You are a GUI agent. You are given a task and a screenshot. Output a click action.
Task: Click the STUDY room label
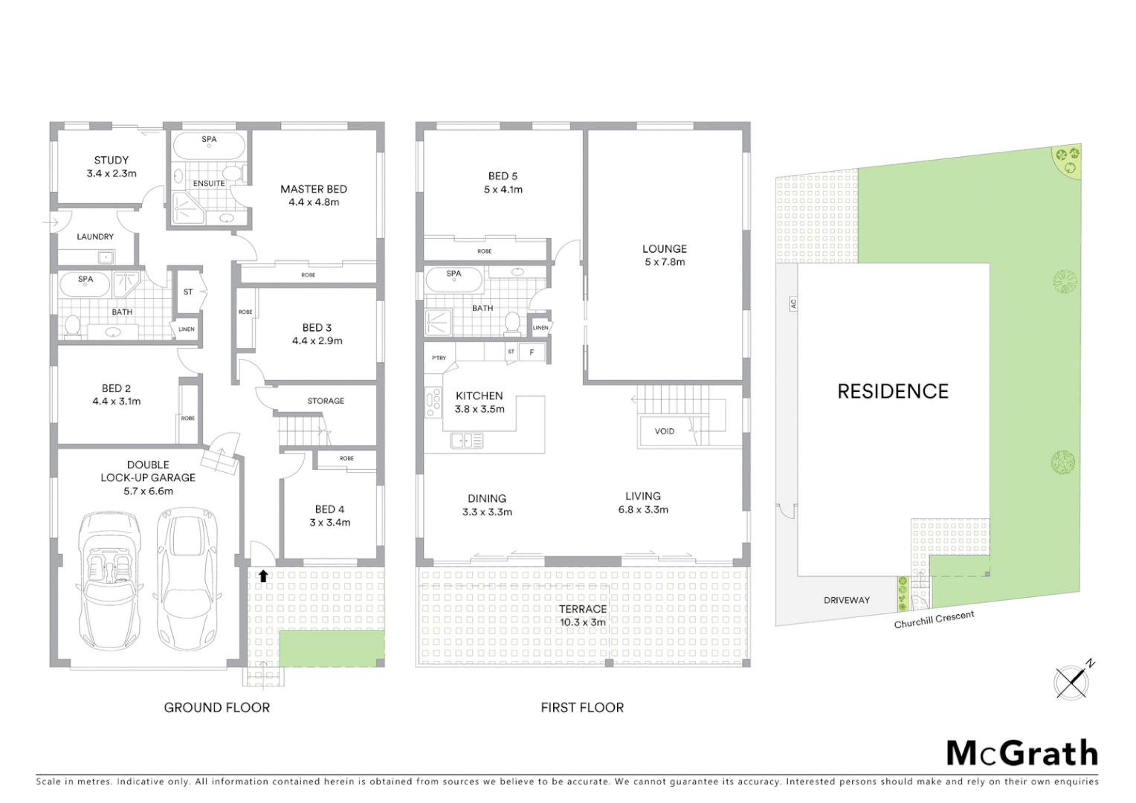(x=111, y=160)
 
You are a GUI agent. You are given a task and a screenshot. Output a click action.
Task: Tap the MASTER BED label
(x=313, y=189)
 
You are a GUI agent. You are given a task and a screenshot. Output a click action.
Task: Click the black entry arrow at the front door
(x=262, y=575)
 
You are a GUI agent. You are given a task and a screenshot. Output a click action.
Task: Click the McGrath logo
(x=1022, y=753)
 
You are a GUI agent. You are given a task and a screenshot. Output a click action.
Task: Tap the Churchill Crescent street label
(x=934, y=619)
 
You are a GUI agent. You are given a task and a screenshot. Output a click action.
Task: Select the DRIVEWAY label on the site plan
(x=846, y=600)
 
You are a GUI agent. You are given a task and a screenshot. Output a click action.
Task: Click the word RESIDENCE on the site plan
(x=893, y=392)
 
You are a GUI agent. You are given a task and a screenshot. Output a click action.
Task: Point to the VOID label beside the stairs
(x=664, y=431)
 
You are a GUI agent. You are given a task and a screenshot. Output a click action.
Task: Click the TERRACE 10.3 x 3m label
(x=582, y=616)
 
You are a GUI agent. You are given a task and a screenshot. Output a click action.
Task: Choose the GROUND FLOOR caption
(x=216, y=708)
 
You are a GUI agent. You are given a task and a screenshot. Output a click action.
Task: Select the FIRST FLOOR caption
(x=582, y=708)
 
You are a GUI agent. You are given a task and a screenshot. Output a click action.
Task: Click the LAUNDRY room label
(x=95, y=236)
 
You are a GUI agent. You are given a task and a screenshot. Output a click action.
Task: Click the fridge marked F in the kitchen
(x=531, y=352)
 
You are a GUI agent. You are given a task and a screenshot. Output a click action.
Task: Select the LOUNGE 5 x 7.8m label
(x=665, y=255)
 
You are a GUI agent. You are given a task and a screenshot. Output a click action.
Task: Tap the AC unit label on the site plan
(x=793, y=303)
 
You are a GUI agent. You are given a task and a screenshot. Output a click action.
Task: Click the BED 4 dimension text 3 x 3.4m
(x=329, y=523)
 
